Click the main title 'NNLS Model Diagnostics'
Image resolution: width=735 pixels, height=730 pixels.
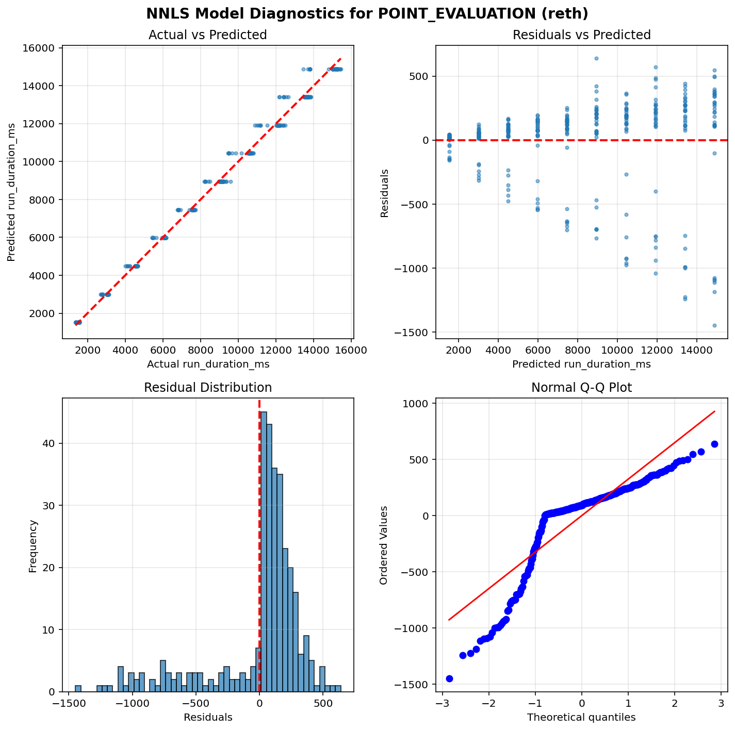pyautogui.click(x=367, y=13)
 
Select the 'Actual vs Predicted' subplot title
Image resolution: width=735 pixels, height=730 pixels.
pyautogui.click(x=207, y=35)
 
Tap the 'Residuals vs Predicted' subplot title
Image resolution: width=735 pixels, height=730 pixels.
pyautogui.click(x=581, y=35)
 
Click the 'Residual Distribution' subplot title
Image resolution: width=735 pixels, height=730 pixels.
pyautogui.click(x=207, y=388)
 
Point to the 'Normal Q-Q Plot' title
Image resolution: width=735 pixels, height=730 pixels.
pyautogui.click(x=581, y=388)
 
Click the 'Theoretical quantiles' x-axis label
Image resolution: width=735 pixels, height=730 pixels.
pyautogui.click(x=581, y=717)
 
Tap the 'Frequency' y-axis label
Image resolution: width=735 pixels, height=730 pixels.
pyautogui.click(x=33, y=545)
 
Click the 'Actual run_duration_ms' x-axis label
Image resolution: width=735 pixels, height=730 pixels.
pyautogui.click(x=208, y=364)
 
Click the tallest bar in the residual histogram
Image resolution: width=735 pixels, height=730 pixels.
pyautogui.click(x=264, y=552)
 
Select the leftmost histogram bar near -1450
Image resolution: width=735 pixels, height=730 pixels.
pyautogui.click(x=78, y=688)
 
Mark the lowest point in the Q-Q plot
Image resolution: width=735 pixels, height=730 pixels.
pyautogui.click(x=449, y=678)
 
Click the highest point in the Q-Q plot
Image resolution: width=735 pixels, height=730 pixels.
pyautogui.click(x=714, y=444)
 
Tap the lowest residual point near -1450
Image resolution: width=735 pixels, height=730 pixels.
pyautogui.click(x=714, y=325)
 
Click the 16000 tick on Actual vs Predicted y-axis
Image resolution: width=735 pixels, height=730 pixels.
pyautogui.click(x=40, y=48)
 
